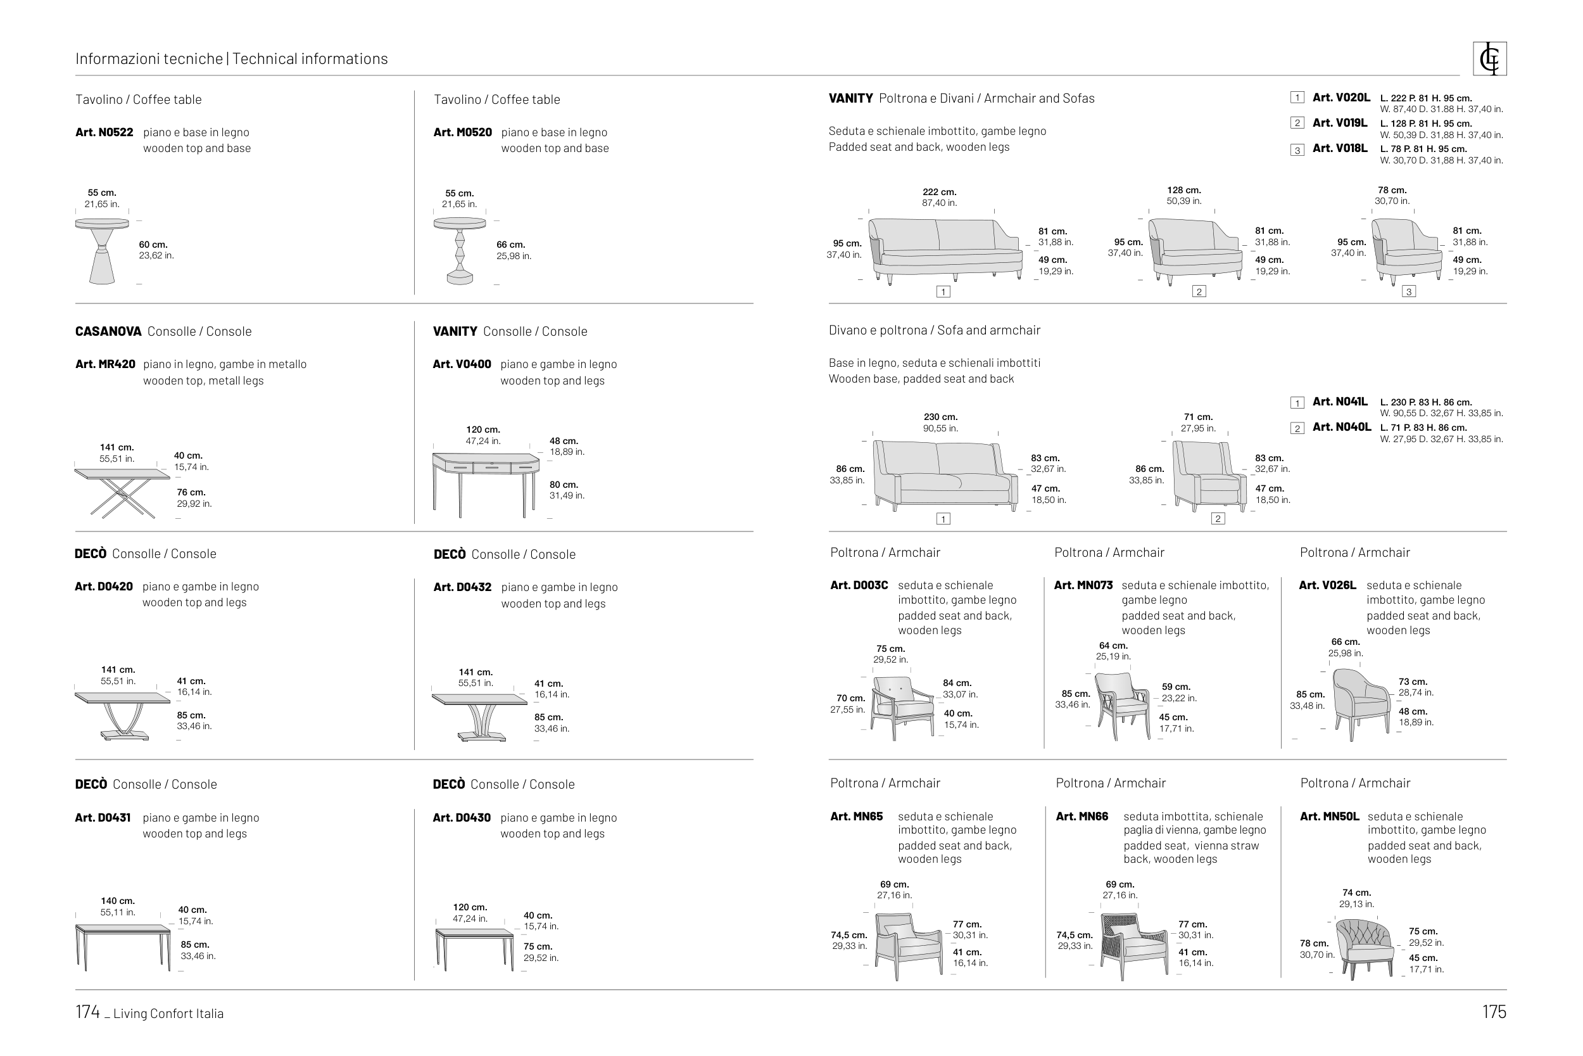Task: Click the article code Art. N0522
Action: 104,132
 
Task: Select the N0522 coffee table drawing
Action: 102,250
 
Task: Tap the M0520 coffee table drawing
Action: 460,250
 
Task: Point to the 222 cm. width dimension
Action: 939,192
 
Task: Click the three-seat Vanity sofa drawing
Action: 945,248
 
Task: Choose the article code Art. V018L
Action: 1339,148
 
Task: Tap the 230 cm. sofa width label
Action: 940,417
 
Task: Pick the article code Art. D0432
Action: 462,587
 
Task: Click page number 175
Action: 1494,1012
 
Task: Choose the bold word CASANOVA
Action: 108,331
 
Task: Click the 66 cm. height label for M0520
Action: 510,245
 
